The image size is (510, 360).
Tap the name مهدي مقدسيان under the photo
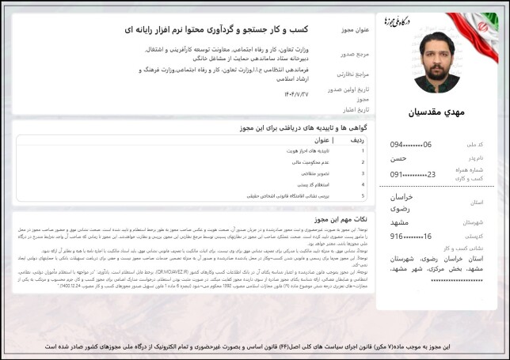click(437, 112)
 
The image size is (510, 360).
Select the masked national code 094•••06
click(411, 144)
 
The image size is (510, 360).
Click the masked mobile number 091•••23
click(413, 174)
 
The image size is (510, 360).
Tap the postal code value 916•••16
click(411, 236)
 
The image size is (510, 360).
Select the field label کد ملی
click(474, 144)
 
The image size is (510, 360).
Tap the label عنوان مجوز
click(352, 30)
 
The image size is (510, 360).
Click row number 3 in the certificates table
click(363, 172)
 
